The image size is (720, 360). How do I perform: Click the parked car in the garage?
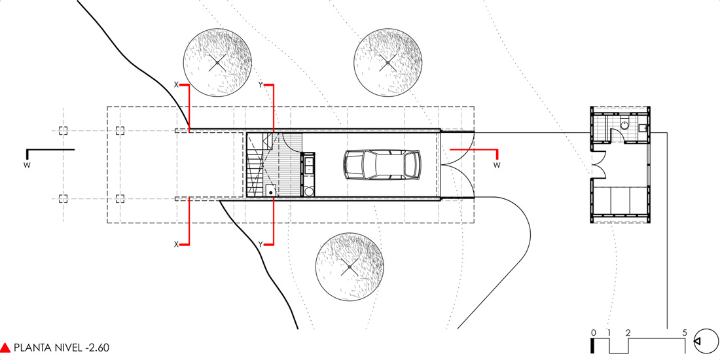(x=382, y=164)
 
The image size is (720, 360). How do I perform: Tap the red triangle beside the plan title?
(x=6, y=348)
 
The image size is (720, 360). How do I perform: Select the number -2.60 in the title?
(x=94, y=348)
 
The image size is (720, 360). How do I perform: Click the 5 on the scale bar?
(x=685, y=333)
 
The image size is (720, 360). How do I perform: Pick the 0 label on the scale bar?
(x=592, y=333)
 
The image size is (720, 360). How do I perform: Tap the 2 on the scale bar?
(x=628, y=333)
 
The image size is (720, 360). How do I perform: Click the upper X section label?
(x=175, y=85)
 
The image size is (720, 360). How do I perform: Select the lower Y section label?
(x=261, y=244)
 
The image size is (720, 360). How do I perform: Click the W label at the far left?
(x=26, y=164)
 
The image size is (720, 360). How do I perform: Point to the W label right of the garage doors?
(x=497, y=165)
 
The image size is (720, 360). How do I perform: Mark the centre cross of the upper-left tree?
(x=218, y=63)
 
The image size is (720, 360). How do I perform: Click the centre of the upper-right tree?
(x=387, y=63)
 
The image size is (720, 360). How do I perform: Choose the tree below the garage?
(x=350, y=266)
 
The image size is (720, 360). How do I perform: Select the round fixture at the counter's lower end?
(x=308, y=192)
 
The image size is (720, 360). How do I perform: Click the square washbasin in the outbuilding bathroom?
(x=643, y=128)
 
